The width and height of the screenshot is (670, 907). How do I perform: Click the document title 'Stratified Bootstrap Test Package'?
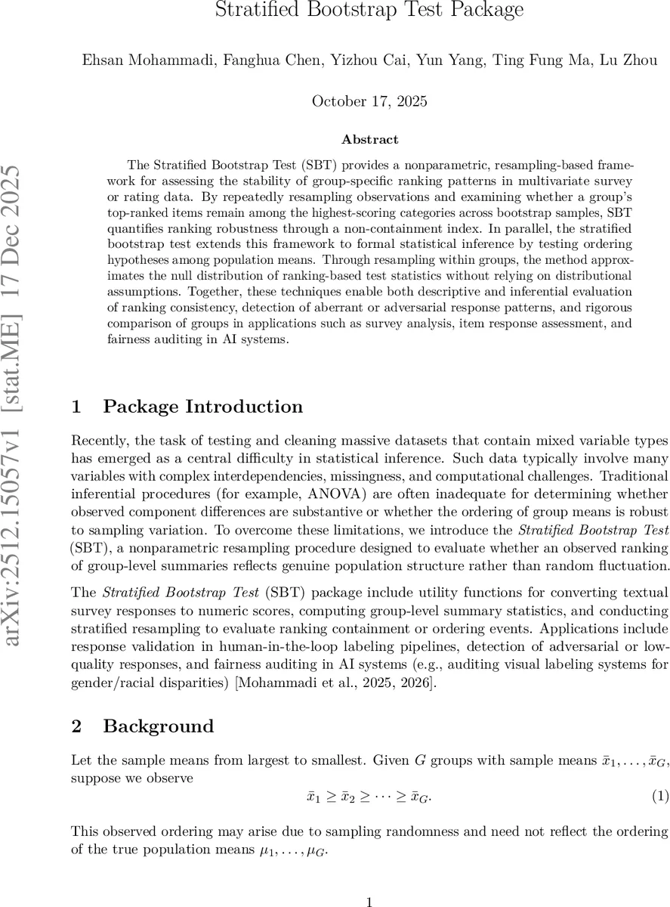tap(369, 11)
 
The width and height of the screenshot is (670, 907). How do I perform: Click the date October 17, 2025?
tap(369, 101)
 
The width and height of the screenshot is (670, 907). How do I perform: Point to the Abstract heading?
tap(369, 140)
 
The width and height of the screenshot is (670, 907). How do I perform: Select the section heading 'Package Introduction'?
tap(202, 407)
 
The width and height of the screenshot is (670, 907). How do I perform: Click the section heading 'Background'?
tap(158, 726)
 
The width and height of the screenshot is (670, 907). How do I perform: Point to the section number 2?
tap(76, 726)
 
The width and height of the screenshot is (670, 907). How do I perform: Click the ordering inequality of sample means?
tap(369, 797)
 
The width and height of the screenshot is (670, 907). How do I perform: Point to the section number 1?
tap(76, 407)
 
